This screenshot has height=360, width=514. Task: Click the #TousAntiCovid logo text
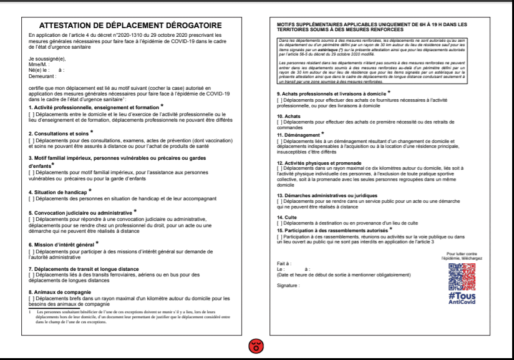pos(462,299)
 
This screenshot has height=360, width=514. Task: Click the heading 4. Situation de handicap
pos(59,192)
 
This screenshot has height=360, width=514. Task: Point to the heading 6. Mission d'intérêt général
pos(62,244)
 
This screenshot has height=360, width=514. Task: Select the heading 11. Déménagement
pos(299,135)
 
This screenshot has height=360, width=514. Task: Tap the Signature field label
pos(288,285)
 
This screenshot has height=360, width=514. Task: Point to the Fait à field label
pos(284,263)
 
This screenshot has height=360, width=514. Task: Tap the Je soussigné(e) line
pos(46,59)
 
